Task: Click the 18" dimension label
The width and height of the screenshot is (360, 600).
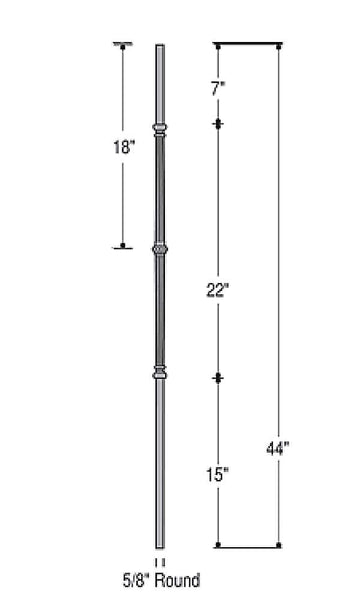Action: pyautogui.click(x=125, y=145)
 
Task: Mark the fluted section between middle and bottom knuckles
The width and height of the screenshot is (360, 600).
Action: pyautogui.click(x=158, y=311)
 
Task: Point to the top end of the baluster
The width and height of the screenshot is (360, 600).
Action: pyautogui.click(x=158, y=46)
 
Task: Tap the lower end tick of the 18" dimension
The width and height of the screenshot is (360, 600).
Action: pyautogui.click(x=124, y=246)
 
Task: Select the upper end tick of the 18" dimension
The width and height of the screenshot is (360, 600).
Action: pyautogui.click(x=124, y=44)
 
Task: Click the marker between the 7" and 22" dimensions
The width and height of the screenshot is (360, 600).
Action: pyautogui.click(x=218, y=124)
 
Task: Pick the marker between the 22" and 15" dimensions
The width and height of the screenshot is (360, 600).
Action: pyautogui.click(x=218, y=377)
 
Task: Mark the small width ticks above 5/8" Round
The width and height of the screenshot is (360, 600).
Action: pyautogui.click(x=158, y=562)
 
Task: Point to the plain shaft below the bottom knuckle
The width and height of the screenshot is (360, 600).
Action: pyautogui.click(x=158, y=460)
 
